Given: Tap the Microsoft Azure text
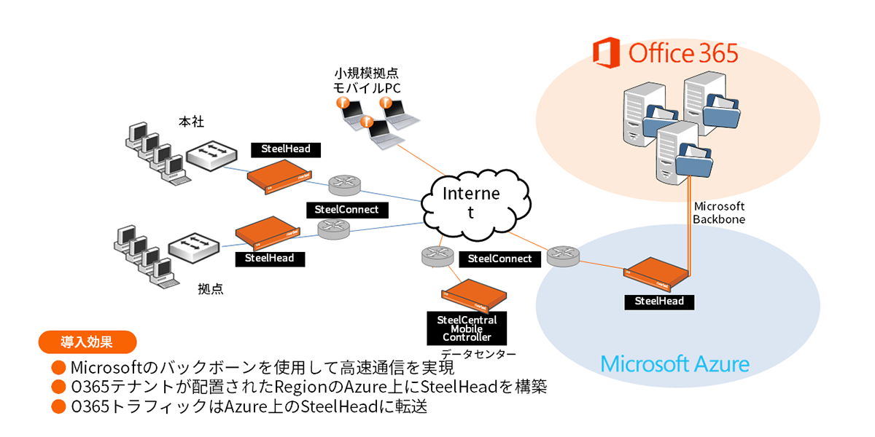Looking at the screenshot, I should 674,363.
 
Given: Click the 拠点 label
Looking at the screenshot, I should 211,288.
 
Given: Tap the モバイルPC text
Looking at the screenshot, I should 367,88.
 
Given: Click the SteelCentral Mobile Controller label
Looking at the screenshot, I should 467,328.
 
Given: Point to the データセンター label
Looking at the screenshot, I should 483,355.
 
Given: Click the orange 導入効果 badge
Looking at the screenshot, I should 87,340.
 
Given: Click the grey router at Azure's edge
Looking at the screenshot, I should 560,256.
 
